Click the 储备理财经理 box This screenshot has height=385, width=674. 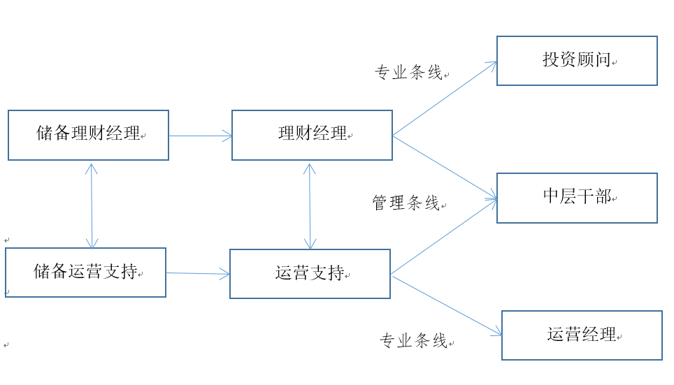[x=88, y=135]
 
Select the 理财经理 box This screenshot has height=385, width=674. [x=312, y=135]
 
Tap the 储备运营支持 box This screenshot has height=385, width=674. [x=85, y=273]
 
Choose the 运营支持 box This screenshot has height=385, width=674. [x=310, y=274]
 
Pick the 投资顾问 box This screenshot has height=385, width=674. [x=577, y=61]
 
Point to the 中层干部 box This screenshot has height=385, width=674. [x=577, y=198]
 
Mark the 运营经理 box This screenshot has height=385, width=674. [x=582, y=335]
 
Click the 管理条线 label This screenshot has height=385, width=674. [x=406, y=203]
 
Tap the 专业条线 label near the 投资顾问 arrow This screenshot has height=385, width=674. [x=409, y=73]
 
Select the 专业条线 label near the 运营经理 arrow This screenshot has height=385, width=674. [x=413, y=341]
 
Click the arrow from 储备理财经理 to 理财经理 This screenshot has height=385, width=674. [x=200, y=136]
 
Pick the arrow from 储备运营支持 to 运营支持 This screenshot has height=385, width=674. [x=198, y=274]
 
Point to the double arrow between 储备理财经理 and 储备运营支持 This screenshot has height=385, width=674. [x=92, y=206]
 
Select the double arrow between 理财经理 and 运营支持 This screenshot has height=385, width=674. [x=310, y=206]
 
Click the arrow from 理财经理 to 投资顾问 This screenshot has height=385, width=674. [x=445, y=99]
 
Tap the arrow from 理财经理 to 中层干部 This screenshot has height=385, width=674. [x=445, y=167]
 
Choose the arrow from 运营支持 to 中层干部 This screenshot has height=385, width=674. [x=443, y=237]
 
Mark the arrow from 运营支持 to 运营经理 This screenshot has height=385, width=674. [x=447, y=305]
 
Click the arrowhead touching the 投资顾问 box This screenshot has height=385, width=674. [x=492, y=65]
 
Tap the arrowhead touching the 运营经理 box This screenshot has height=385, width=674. [x=497, y=333]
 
